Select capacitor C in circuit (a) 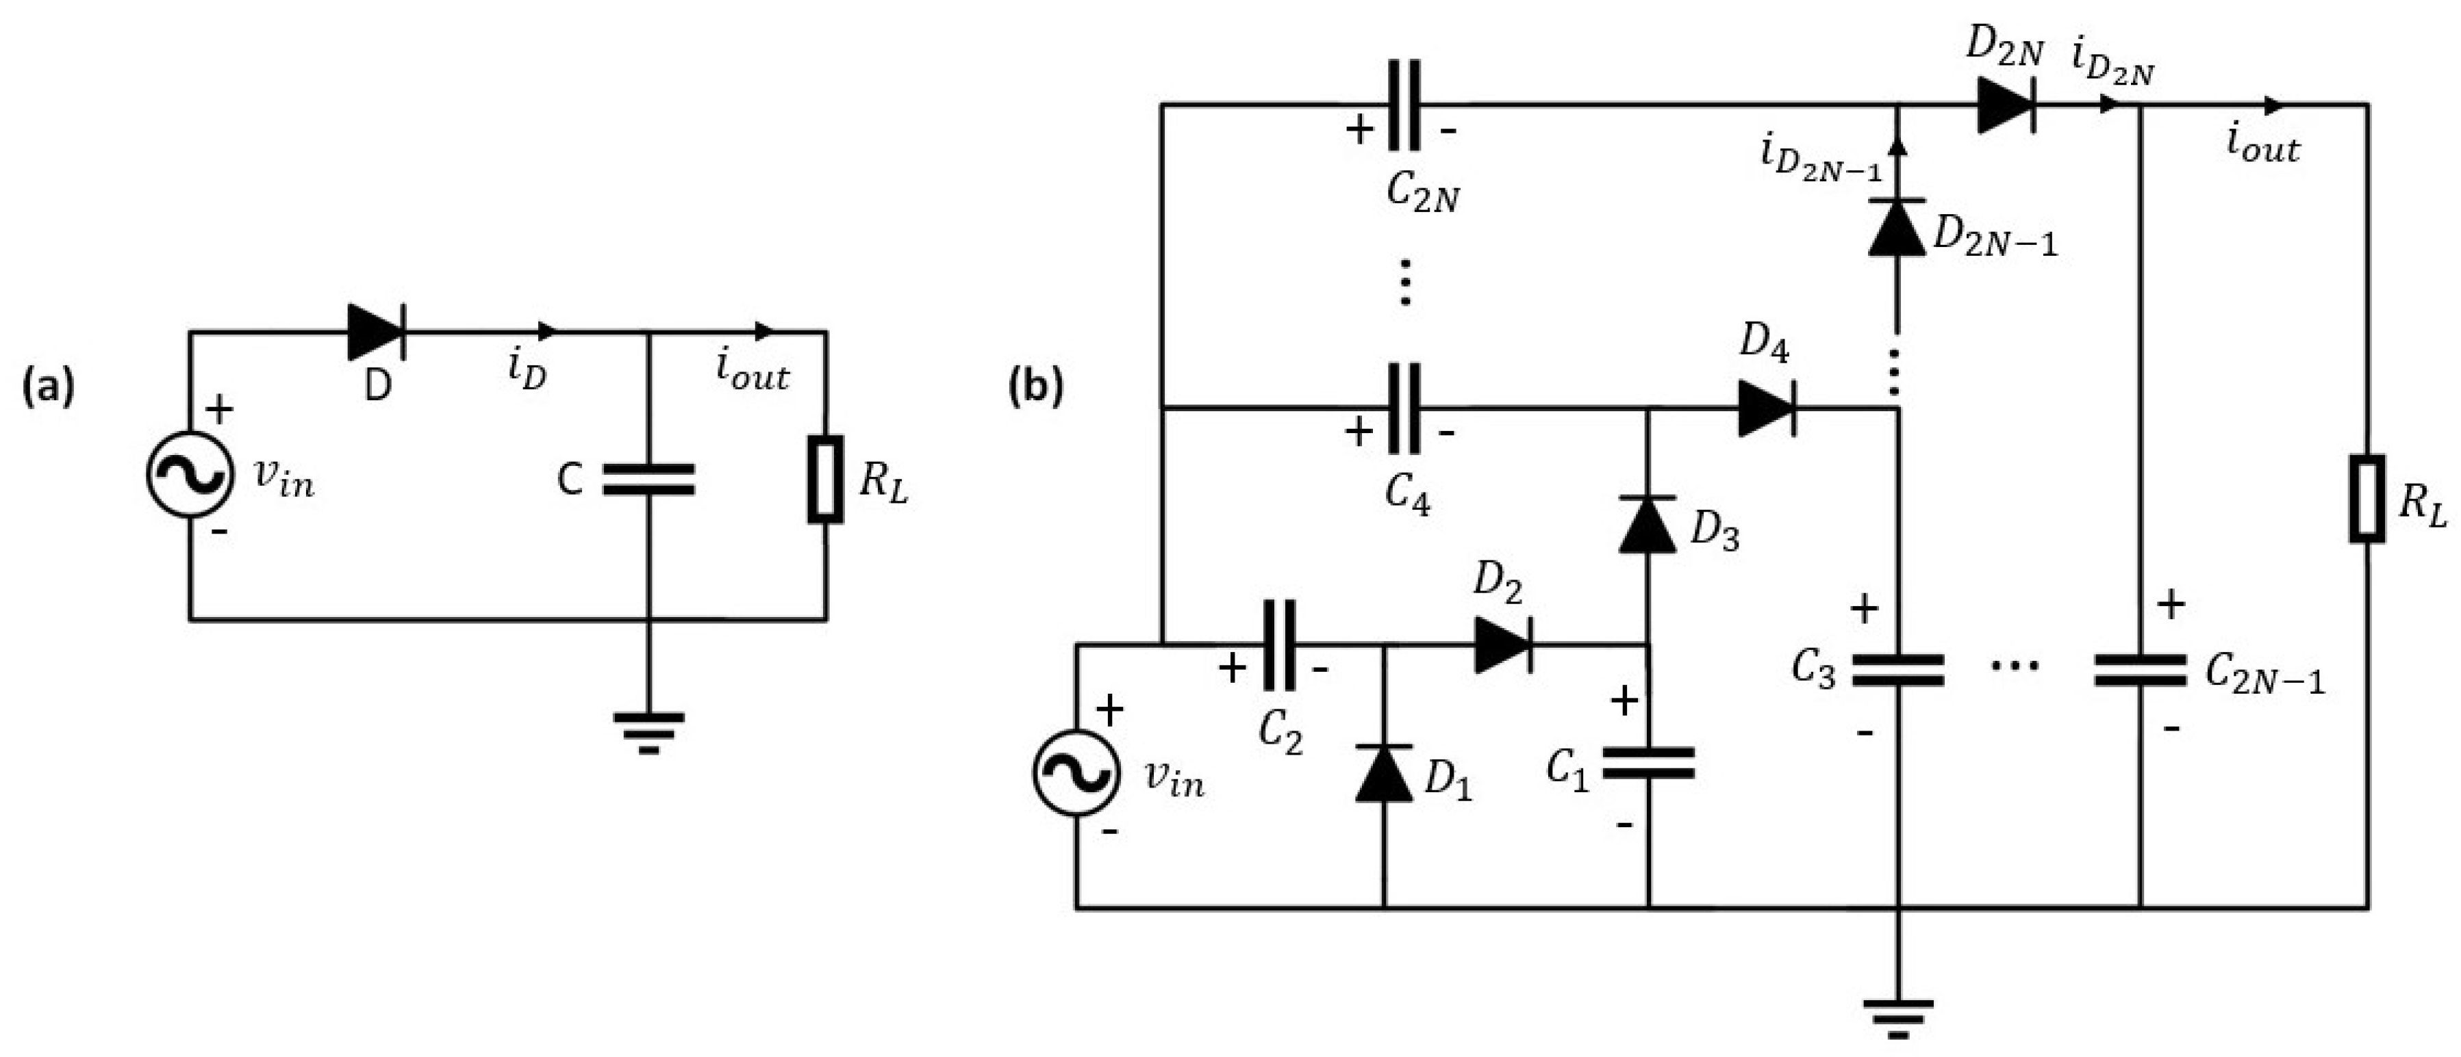tap(648, 480)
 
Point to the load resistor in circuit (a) tap(825, 480)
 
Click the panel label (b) tap(1035, 388)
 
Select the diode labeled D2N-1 tap(1896, 227)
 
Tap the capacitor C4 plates tap(1404, 408)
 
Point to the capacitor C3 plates tap(1897, 670)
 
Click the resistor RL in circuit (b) tap(2367, 499)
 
